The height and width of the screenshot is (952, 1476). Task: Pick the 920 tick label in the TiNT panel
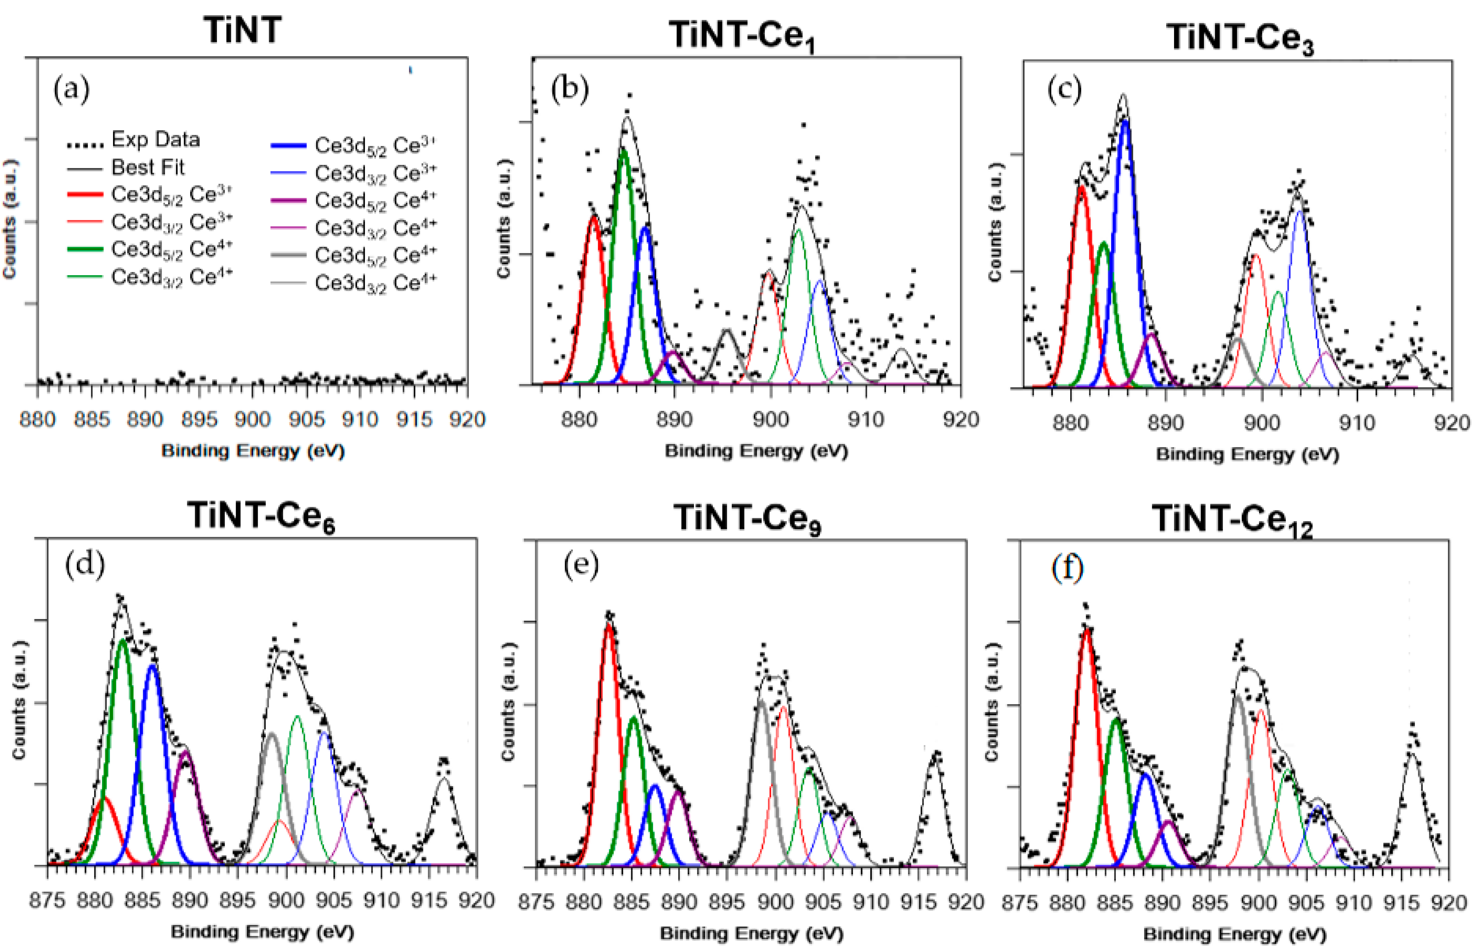(x=467, y=420)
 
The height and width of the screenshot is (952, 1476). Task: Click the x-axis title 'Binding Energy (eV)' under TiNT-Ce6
(x=263, y=932)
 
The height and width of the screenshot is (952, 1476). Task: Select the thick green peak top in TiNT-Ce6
(x=122, y=640)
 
